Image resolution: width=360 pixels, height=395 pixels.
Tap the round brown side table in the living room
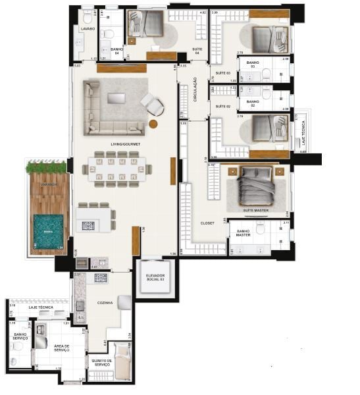coord(153,124)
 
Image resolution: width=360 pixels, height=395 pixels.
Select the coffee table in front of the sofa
coord(116,98)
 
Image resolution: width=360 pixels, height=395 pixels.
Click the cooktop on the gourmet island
coord(88,226)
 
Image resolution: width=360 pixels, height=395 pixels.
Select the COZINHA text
coord(104,303)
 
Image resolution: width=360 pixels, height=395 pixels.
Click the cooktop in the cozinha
coord(100,278)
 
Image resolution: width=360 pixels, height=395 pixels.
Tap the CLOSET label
coord(207,223)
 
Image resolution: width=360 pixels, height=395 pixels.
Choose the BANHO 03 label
coord(253,64)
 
